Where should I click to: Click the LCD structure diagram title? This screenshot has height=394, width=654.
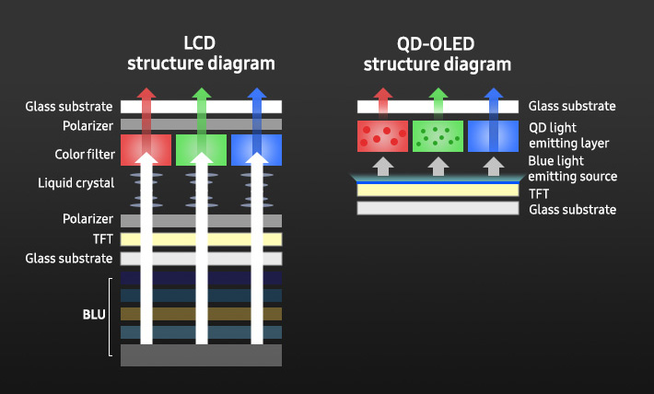tap(201, 52)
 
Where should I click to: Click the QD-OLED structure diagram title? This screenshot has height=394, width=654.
tap(437, 52)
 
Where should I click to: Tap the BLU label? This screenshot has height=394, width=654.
tap(95, 314)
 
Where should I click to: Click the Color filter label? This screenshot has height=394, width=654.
tap(85, 153)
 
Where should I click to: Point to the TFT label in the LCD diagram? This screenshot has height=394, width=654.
tap(101, 239)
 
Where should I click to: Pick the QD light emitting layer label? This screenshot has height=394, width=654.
tap(569, 135)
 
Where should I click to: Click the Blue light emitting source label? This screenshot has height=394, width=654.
tap(573, 168)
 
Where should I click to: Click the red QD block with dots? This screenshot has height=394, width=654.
tap(381, 136)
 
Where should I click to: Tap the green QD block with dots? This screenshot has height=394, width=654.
tap(438, 136)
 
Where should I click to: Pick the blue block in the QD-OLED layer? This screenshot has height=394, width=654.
tap(493, 136)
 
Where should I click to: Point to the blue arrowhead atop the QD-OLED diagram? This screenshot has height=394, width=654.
tap(493, 95)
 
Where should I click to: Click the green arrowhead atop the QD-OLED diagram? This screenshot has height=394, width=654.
tap(438, 95)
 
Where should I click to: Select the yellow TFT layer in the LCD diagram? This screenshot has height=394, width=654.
tap(201, 239)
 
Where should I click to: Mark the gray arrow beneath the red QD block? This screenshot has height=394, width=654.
tap(381, 166)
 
